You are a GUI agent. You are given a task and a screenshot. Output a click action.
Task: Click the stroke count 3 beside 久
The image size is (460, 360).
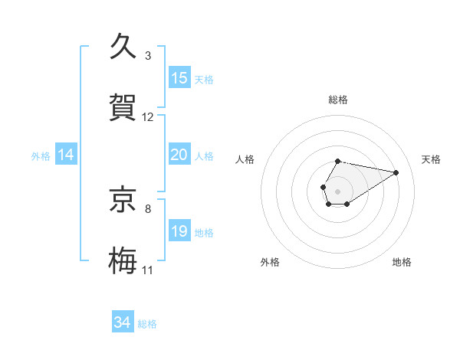tap(148, 56)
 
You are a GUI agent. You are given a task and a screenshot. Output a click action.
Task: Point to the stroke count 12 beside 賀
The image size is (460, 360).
tap(148, 117)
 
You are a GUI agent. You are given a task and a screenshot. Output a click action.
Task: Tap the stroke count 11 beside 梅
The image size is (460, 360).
tap(148, 270)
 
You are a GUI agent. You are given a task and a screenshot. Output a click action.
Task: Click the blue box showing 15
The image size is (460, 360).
tap(179, 78)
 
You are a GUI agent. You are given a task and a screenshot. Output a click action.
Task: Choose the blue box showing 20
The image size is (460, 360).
tap(179, 155)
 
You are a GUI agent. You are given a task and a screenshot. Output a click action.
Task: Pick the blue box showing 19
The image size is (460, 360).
tap(179, 231)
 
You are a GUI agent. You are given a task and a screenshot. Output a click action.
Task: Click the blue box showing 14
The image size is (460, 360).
tap(66, 155)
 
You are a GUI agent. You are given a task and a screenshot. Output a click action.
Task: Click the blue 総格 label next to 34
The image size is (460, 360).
tap(147, 324)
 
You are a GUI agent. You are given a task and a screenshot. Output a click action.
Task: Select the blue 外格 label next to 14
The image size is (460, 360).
tap(41, 156)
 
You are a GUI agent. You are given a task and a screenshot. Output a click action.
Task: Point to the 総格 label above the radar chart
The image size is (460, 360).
tap(337, 100)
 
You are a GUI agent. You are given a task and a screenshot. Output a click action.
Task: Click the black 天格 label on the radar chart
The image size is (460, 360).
tap(432, 159)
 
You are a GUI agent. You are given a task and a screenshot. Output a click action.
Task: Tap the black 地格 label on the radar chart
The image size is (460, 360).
tap(402, 262)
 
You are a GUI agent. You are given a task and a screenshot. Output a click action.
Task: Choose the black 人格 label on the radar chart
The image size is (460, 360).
tap(245, 159)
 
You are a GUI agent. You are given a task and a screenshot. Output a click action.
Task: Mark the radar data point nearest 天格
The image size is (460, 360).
tap(396, 172)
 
